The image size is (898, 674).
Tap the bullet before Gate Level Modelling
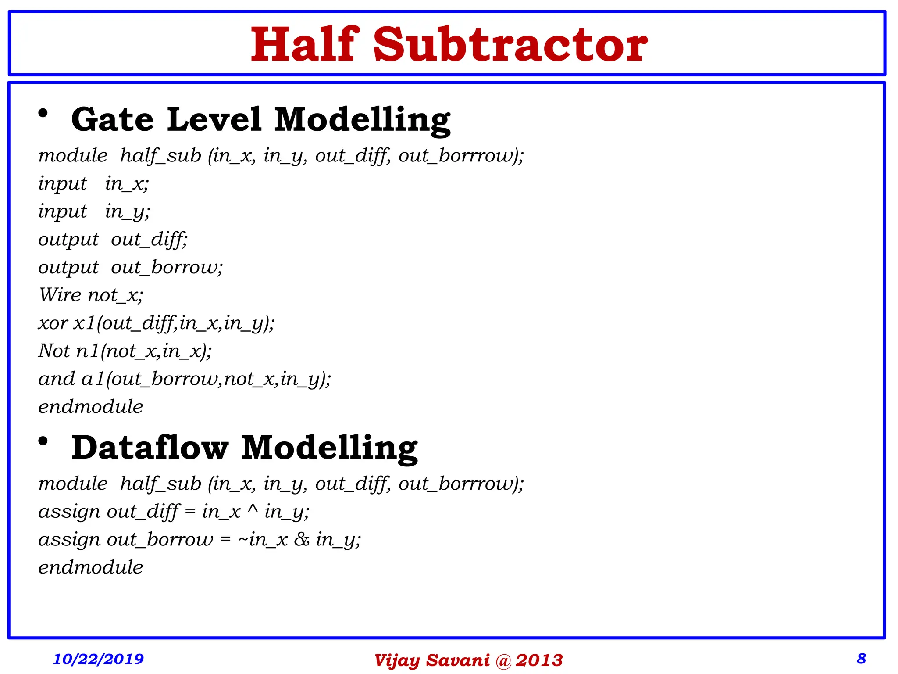(x=43, y=114)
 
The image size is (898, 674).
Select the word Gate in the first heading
(x=112, y=119)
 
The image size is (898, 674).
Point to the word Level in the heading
(x=214, y=119)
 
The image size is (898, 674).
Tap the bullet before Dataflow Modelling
(x=43, y=441)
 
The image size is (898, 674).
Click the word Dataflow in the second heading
(x=150, y=448)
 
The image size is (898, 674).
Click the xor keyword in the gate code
(x=53, y=324)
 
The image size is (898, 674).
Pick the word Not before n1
(x=54, y=351)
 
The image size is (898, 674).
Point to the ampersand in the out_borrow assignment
(x=302, y=540)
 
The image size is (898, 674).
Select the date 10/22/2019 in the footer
(x=98, y=659)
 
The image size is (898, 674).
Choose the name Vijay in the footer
(x=397, y=660)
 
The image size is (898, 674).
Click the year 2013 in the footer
(x=539, y=660)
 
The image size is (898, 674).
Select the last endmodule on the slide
(x=91, y=567)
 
